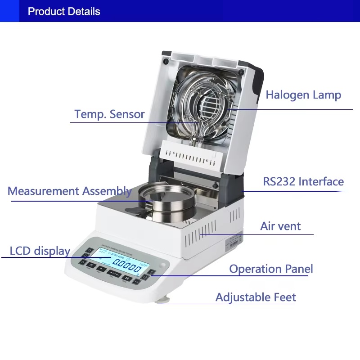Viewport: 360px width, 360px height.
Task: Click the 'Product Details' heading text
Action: (64, 11)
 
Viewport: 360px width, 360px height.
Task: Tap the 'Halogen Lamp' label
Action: (303, 95)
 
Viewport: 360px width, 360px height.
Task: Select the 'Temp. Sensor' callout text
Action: (109, 114)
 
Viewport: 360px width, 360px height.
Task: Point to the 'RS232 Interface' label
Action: (303, 182)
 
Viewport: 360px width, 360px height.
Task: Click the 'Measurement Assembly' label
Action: (69, 191)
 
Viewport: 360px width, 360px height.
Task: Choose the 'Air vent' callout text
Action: (280, 226)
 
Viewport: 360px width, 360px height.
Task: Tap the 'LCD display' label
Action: (40, 251)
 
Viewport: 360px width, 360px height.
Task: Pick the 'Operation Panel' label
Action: (271, 269)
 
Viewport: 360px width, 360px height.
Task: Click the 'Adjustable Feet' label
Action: (256, 297)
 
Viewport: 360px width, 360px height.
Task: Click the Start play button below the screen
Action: (102, 270)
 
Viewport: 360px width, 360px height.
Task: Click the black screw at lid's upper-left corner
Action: (166, 61)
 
